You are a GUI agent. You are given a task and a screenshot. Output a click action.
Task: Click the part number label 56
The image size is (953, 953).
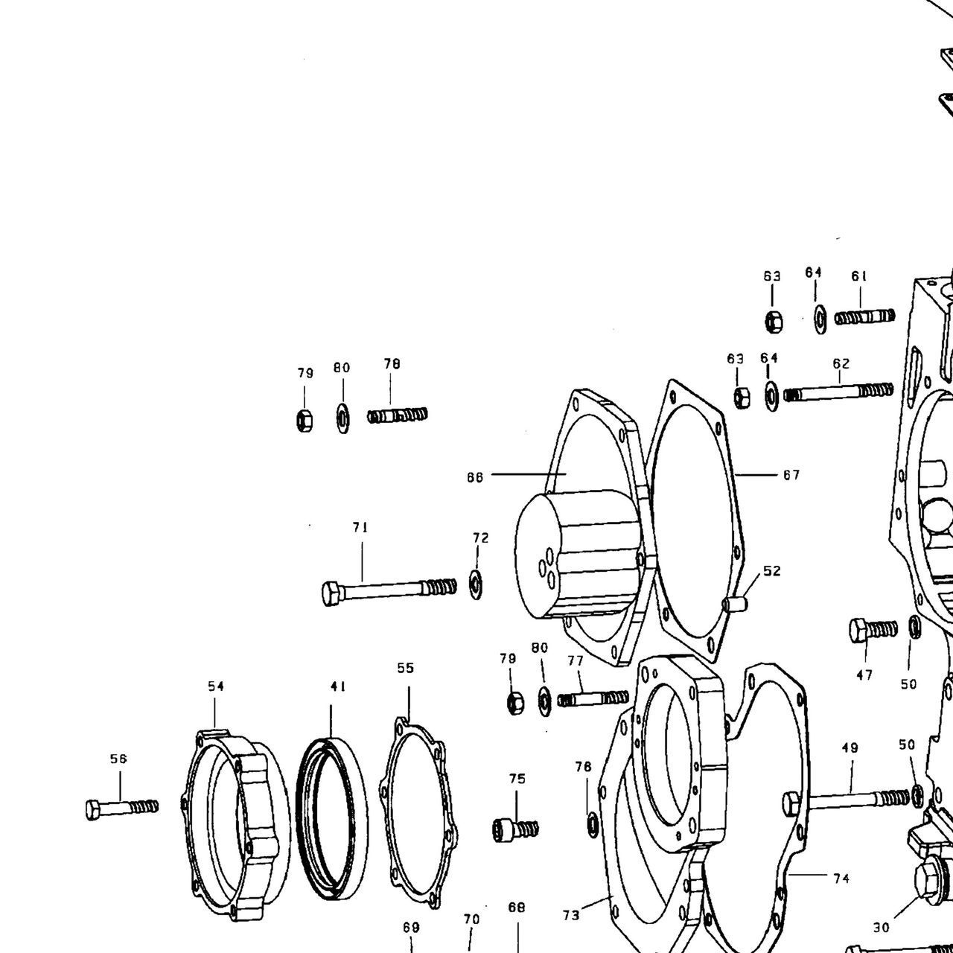[x=118, y=758]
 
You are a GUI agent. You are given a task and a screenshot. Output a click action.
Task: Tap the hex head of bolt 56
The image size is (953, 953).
[x=93, y=809]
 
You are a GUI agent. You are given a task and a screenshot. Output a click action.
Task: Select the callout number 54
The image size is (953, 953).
[x=216, y=686]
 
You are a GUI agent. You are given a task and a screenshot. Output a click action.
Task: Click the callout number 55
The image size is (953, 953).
[x=405, y=668]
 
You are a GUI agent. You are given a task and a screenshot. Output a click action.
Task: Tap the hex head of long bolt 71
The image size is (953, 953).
[x=331, y=593]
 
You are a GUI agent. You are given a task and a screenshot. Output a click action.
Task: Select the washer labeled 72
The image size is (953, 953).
[x=476, y=584]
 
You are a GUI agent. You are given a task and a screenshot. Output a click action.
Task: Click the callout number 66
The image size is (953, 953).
[x=475, y=477]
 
